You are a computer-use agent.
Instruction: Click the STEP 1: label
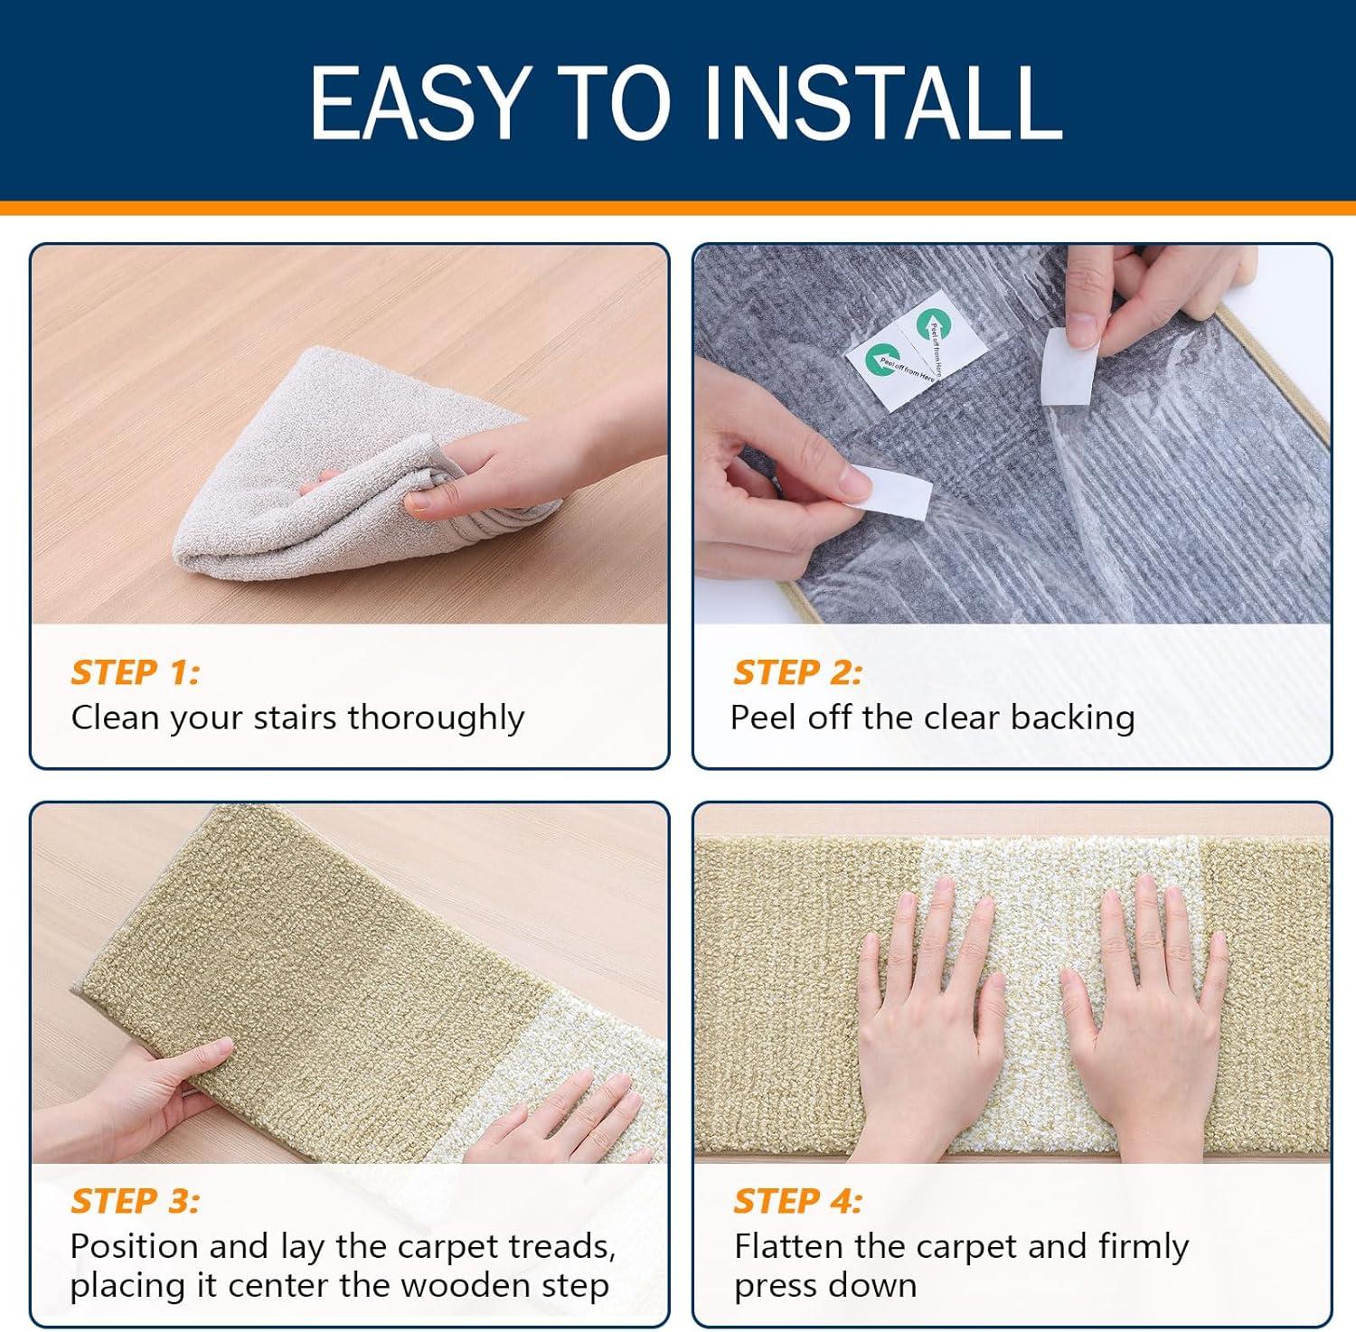coord(135,672)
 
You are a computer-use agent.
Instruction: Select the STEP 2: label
coord(797,672)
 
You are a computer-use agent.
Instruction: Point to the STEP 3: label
coord(135,1201)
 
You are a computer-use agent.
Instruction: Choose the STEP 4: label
coord(797,1201)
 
